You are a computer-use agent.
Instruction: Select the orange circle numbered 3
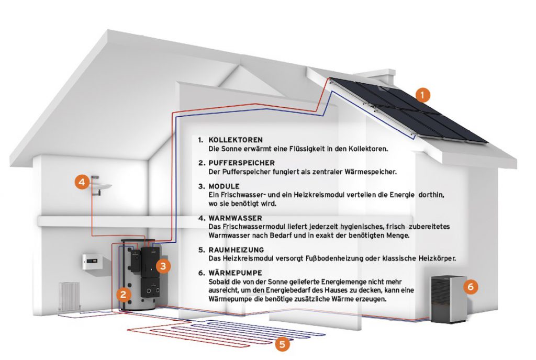point(163,266)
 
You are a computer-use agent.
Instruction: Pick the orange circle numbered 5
point(282,344)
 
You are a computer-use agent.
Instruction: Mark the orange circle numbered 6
point(471,287)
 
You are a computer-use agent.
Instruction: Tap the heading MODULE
point(224,186)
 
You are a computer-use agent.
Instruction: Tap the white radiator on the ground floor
point(70,297)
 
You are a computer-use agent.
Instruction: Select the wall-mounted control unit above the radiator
point(93,261)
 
